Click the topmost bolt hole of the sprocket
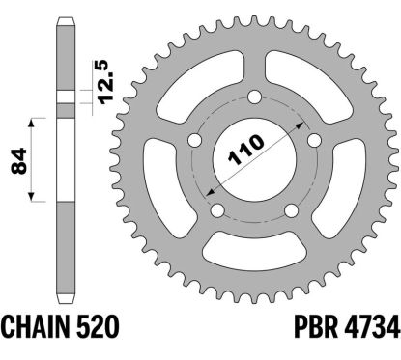(254, 97)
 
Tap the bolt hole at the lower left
(218, 210)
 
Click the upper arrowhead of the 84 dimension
(37, 121)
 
